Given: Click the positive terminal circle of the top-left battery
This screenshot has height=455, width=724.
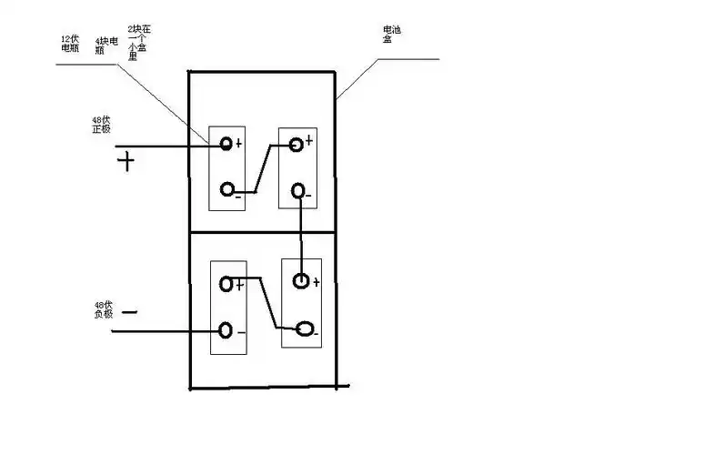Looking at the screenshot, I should pyautogui.click(x=226, y=145).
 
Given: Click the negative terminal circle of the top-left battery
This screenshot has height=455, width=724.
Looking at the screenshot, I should pyautogui.click(x=226, y=190).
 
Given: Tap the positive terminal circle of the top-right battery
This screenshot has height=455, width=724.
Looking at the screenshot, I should pyautogui.click(x=296, y=145).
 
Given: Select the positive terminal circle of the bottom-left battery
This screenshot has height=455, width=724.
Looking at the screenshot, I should pyautogui.click(x=226, y=285).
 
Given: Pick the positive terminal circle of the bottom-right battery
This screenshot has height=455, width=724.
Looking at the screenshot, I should pyautogui.click(x=301, y=281).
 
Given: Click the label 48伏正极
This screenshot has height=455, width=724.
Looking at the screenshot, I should pyautogui.click(x=101, y=125).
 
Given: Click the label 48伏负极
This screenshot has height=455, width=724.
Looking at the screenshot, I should pyautogui.click(x=103, y=309).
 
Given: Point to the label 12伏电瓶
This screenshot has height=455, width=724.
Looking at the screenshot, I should pyautogui.click(x=70, y=43).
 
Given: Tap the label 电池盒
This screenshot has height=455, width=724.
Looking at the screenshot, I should pyautogui.click(x=392, y=35).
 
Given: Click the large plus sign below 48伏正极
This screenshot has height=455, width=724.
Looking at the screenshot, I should pyautogui.click(x=126, y=163).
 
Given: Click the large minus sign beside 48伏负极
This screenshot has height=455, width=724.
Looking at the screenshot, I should pyautogui.click(x=129, y=312).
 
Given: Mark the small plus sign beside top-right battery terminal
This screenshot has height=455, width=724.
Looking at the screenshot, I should pyautogui.click(x=309, y=140).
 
